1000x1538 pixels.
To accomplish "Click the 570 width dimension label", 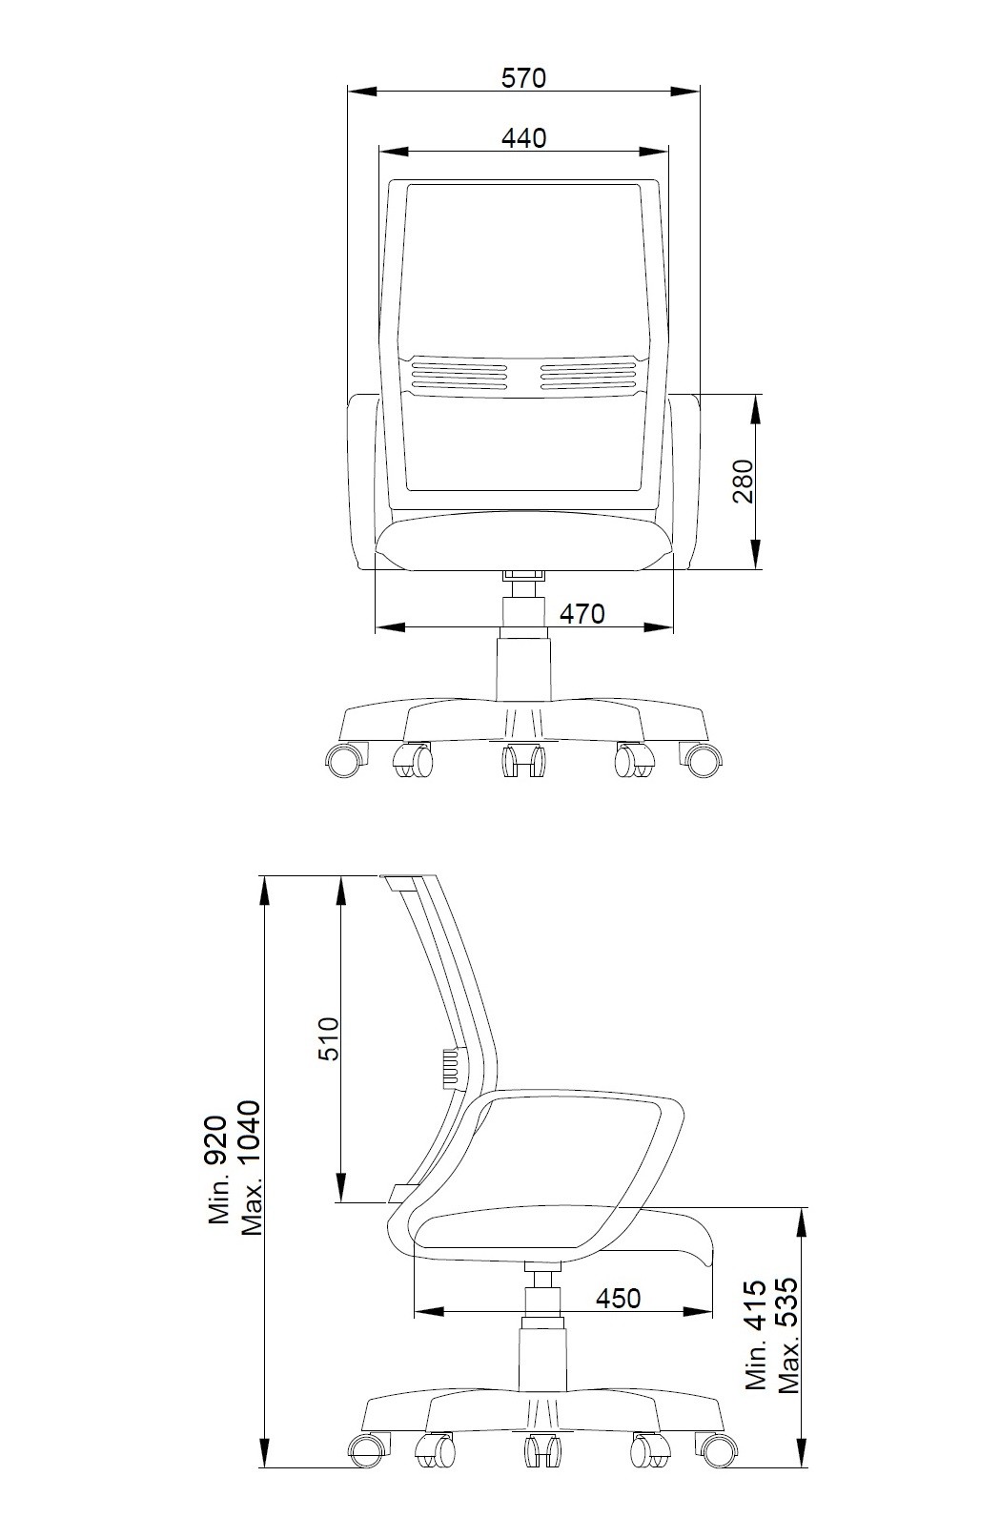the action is (523, 77).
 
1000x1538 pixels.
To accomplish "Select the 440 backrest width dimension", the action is (523, 138).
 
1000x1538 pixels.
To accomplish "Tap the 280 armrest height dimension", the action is (742, 481).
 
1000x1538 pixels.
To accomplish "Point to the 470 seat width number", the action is (582, 613).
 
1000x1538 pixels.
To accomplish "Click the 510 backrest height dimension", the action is (329, 1038).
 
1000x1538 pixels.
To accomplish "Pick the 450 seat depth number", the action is (618, 1298).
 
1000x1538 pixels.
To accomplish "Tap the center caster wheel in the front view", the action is (523, 760).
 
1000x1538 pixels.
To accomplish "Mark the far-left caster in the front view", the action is (346, 759).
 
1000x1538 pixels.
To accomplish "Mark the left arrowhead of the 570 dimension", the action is (362, 90).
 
